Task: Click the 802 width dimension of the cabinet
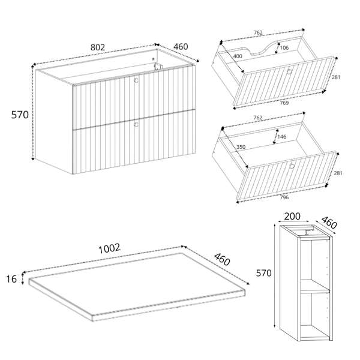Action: click(x=98, y=47)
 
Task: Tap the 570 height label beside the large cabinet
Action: click(x=20, y=115)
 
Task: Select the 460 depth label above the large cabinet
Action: click(x=181, y=47)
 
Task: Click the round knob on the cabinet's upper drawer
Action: click(x=136, y=80)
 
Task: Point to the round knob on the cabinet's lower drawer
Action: click(x=136, y=125)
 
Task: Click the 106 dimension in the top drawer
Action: click(x=284, y=48)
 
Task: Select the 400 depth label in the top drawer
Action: click(x=238, y=56)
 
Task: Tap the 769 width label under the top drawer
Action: click(x=284, y=103)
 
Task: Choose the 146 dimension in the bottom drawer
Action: click(x=282, y=137)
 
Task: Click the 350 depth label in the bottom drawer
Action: click(x=241, y=147)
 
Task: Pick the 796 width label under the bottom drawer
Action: click(x=284, y=197)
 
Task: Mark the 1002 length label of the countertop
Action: click(x=109, y=248)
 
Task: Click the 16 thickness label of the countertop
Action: click(x=11, y=279)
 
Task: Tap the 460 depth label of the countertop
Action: click(x=222, y=259)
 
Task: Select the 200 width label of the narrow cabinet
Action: click(x=292, y=216)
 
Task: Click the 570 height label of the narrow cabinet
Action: click(x=264, y=273)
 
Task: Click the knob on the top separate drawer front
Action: click(x=289, y=71)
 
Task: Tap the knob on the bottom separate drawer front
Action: click(x=292, y=166)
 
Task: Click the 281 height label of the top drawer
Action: click(x=336, y=77)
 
